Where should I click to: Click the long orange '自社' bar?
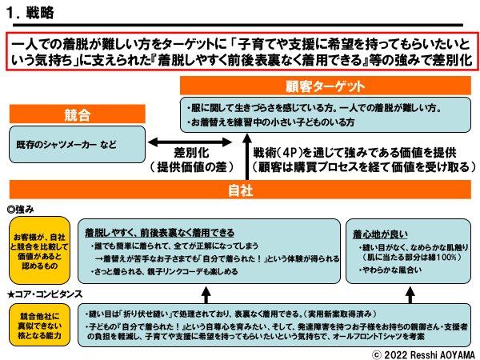(240, 190)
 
